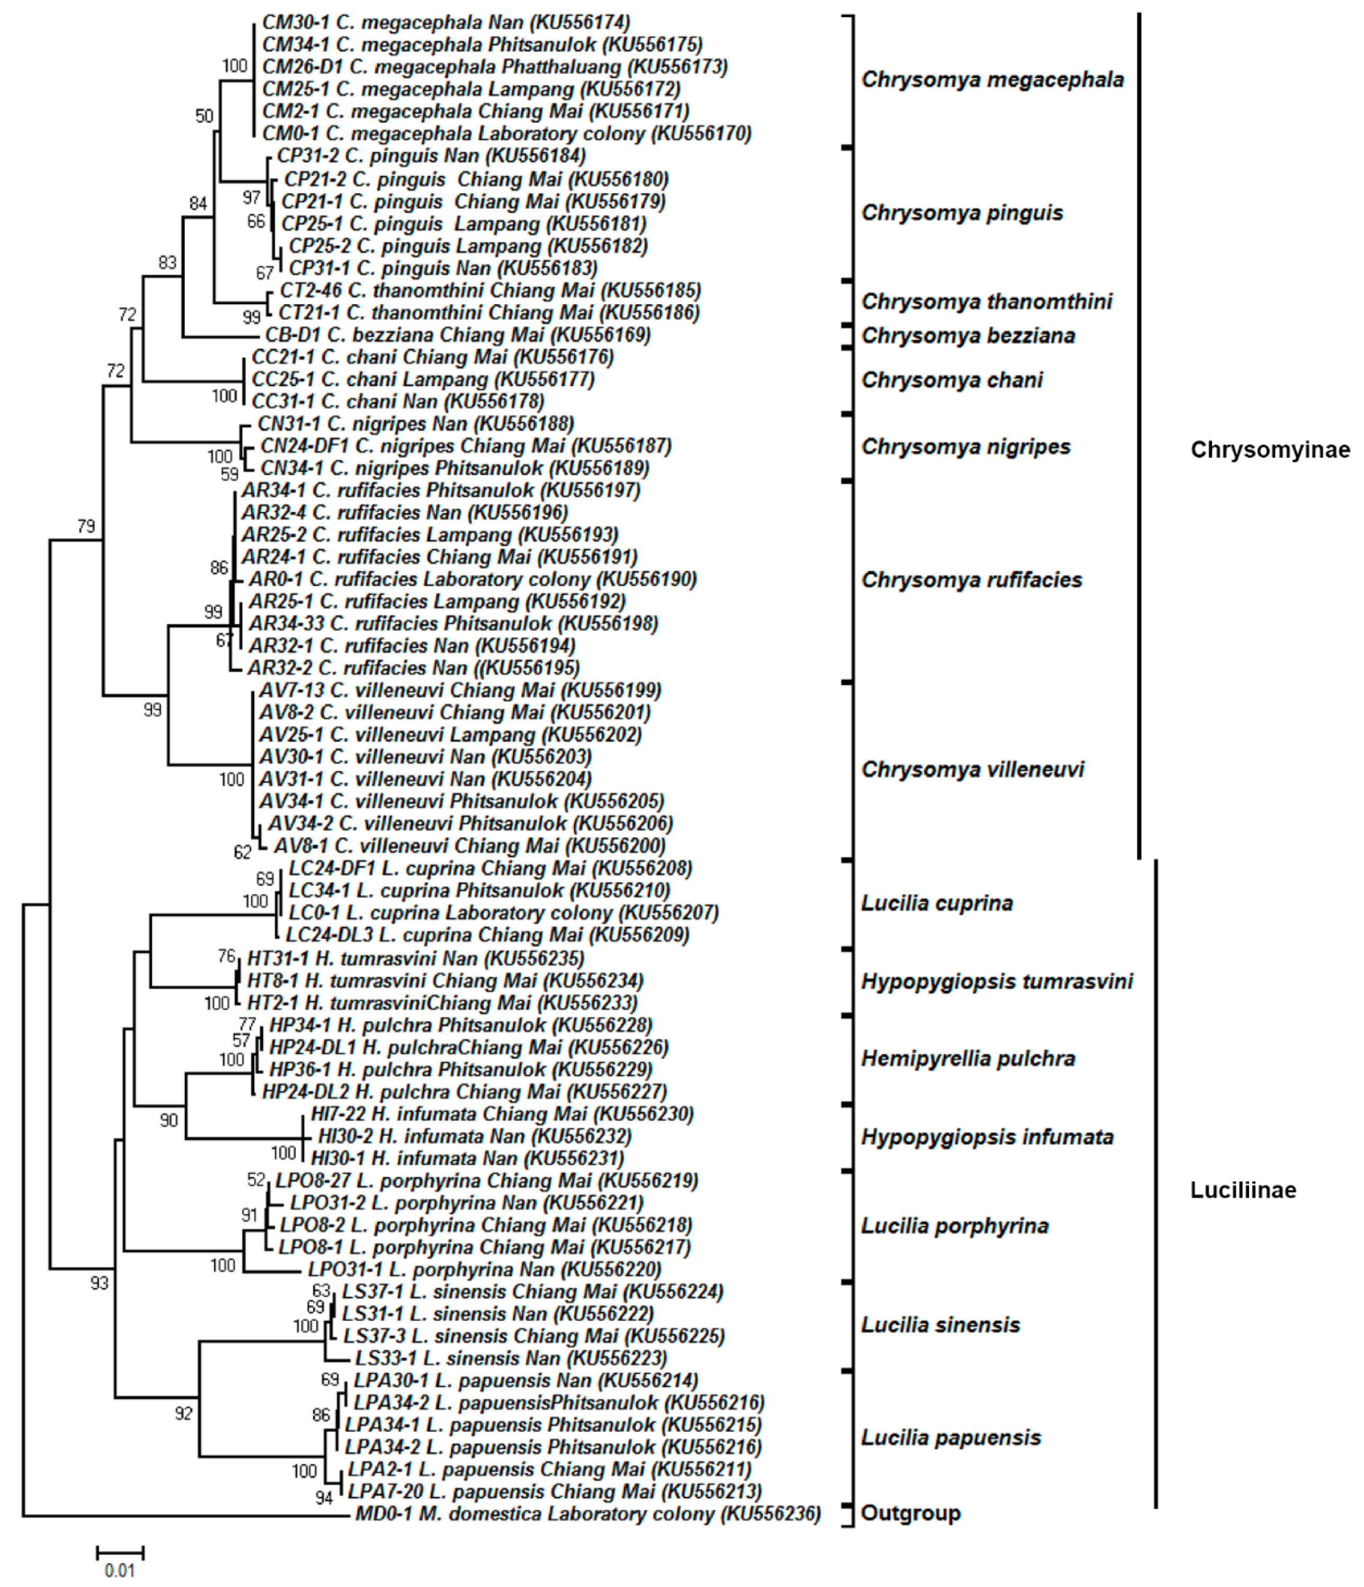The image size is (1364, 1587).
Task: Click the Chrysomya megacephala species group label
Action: [x=992, y=80]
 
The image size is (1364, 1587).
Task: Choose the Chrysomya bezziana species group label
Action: [x=968, y=336]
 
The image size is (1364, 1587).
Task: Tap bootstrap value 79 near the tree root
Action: [x=86, y=526]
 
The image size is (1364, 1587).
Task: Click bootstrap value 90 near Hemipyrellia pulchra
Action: [x=169, y=1121]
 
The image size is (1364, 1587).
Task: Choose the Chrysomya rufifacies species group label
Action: [x=971, y=580]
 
